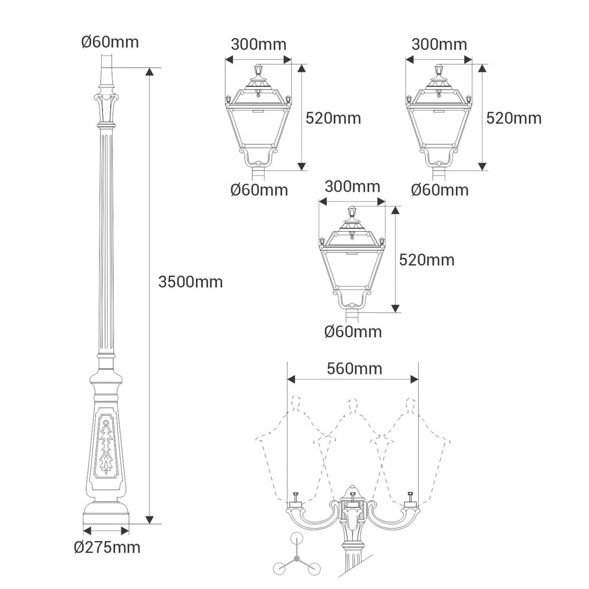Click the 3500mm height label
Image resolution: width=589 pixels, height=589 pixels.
[190, 282]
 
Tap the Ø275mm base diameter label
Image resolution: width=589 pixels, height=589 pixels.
[107, 548]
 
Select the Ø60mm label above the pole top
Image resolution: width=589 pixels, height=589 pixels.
[110, 41]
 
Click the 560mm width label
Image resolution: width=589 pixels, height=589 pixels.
[354, 369]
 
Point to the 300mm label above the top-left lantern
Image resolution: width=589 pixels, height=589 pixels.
[258, 44]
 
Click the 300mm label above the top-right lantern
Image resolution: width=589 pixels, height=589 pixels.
[439, 44]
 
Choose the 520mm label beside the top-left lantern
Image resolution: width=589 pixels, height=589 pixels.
[333, 118]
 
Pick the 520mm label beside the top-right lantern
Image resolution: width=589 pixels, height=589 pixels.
[514, 118]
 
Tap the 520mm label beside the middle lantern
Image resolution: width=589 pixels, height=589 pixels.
[427, 260]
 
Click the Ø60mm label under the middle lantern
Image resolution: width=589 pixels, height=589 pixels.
[353, 332]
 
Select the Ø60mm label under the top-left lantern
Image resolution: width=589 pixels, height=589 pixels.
[259, 190]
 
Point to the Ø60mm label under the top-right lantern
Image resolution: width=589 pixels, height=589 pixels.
[440, 190]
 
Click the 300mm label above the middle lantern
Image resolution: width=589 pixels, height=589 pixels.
[353, 186]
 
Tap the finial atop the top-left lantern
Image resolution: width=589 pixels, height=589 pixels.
[258, 70]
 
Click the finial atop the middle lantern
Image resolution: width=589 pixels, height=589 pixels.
[352, 212]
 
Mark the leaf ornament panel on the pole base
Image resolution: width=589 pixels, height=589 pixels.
[108, 446]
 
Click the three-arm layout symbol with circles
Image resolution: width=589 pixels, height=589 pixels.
[297, 557]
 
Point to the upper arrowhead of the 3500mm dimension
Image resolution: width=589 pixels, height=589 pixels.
[150, 72]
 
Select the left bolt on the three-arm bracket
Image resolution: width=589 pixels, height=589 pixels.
[295, 497]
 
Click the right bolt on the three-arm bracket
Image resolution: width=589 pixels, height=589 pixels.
[410, 497]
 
